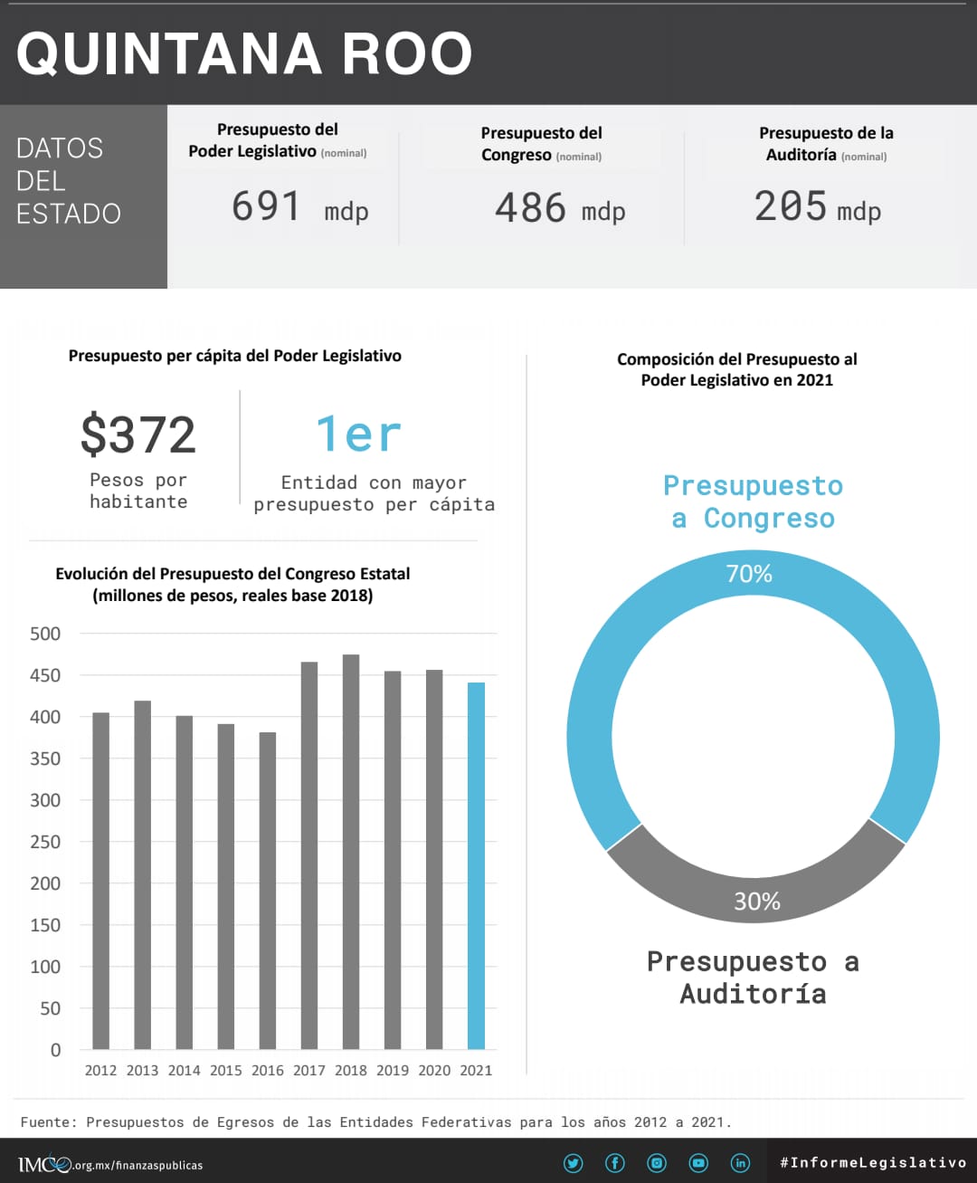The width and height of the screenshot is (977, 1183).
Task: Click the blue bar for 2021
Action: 476,865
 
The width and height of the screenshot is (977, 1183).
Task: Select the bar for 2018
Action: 351,852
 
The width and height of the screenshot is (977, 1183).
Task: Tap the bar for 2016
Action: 268,891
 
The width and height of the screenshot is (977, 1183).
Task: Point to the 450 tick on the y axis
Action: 45,675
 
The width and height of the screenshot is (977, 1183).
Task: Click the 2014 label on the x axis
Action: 184,1070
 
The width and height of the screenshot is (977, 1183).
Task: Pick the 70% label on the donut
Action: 749,574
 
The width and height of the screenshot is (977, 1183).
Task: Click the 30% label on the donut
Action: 756,902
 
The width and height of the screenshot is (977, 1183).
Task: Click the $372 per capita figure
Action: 138,434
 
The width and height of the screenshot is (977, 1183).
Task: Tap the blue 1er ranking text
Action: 358,434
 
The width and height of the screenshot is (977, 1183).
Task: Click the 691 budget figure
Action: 266,205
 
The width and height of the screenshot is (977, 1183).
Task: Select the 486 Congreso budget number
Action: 530,207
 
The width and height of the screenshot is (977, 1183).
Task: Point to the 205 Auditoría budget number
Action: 790,205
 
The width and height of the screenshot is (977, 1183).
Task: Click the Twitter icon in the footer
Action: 574,1163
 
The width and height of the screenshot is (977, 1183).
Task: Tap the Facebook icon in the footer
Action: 615,1163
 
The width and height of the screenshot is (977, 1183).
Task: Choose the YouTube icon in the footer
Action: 698,1163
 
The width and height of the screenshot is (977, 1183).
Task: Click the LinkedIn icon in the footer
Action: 740,1163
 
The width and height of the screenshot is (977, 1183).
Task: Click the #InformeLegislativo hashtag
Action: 873,1162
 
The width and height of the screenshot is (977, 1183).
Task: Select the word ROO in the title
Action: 407,53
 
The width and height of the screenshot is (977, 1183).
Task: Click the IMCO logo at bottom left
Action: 44,1164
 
